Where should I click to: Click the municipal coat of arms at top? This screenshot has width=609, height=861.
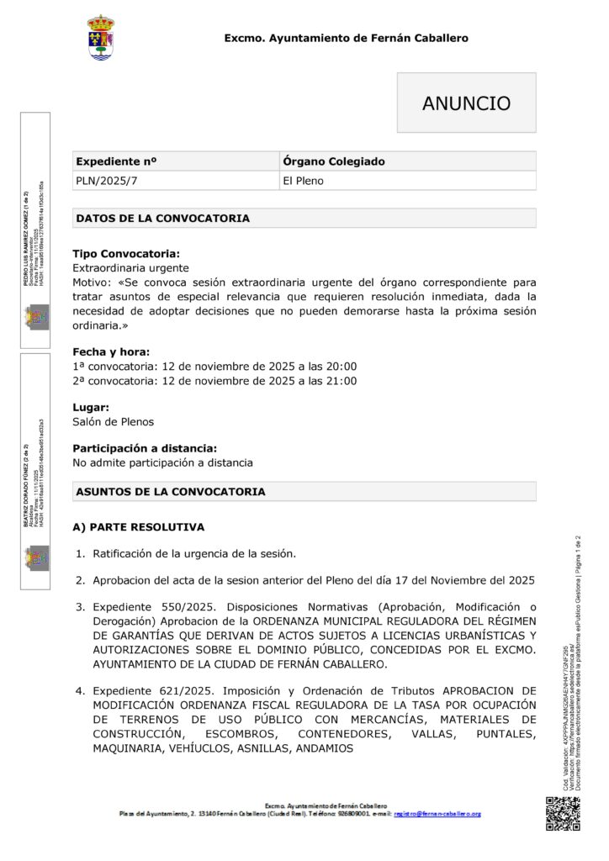click(x=102, y=37)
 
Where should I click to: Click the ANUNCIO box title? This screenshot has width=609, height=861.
click(x=466, y=103)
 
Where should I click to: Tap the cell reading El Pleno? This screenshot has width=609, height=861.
click(x=303, y=180)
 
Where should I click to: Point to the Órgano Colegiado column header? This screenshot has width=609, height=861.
click(x=334, y=161)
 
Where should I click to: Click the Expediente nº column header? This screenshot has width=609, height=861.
click(x=116, y=161)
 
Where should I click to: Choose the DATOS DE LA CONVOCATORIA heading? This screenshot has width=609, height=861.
click(x=162, y=219)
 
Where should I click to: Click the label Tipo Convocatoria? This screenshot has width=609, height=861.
click(x=125, y=253)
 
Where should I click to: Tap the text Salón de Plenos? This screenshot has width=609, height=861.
click(x=113, y=421)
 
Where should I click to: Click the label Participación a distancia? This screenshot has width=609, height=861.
click(x=145, y=448)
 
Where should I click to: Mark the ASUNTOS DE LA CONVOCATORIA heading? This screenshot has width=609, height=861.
click(x=171, y=491)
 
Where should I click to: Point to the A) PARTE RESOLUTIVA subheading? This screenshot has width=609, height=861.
click(x=138, y=527)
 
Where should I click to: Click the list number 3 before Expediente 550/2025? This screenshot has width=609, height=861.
click(x=81, y=606)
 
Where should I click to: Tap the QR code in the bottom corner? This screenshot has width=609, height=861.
click(x=563, y=815)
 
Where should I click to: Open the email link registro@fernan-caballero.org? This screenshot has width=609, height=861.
click(x=437, y=814)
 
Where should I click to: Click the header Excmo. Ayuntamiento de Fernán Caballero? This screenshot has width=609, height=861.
click(x=346, y=38)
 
